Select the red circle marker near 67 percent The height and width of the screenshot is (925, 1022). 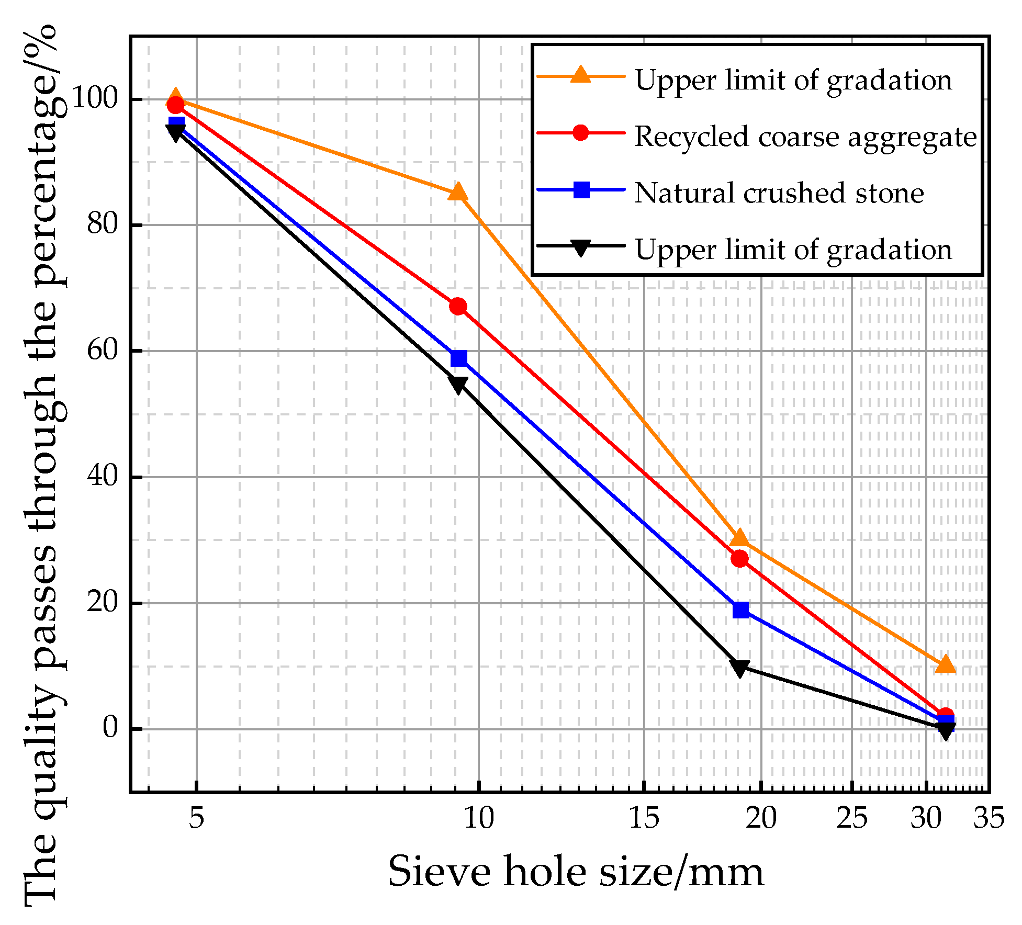pyautogui.click(x=458, y=307)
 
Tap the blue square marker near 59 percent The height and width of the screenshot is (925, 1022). pyautogui.click(x=458, y=358)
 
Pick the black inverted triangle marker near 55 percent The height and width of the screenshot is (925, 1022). pyautogui.click(x=458, y=385)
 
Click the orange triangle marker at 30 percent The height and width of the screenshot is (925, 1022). pyautogui.click(x=740, y=538)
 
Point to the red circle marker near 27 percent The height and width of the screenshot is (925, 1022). pyautogui.click(x=740, y=559)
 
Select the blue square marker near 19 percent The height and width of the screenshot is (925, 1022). pyautogui.click(x=740, y=610)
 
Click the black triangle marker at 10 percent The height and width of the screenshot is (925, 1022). pyautogui.click(x=740, y=668)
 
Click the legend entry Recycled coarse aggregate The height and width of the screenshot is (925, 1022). pyautogui.click(x=805, y=137)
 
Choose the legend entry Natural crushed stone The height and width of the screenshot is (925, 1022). pyautogui.click(x=779, y=193)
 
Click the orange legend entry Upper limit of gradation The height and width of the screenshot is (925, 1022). pyautogui.click(x=793, y=80)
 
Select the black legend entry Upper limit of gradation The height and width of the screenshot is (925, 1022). pyautogui.click(x=793, y=250)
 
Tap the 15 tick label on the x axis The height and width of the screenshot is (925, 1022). pyautogui.click(x=643, y=817)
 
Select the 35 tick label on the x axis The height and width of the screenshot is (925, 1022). pyautogui.click(x=989, y=817)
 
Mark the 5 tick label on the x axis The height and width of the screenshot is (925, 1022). pyautogui.click(x=196, y=817)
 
